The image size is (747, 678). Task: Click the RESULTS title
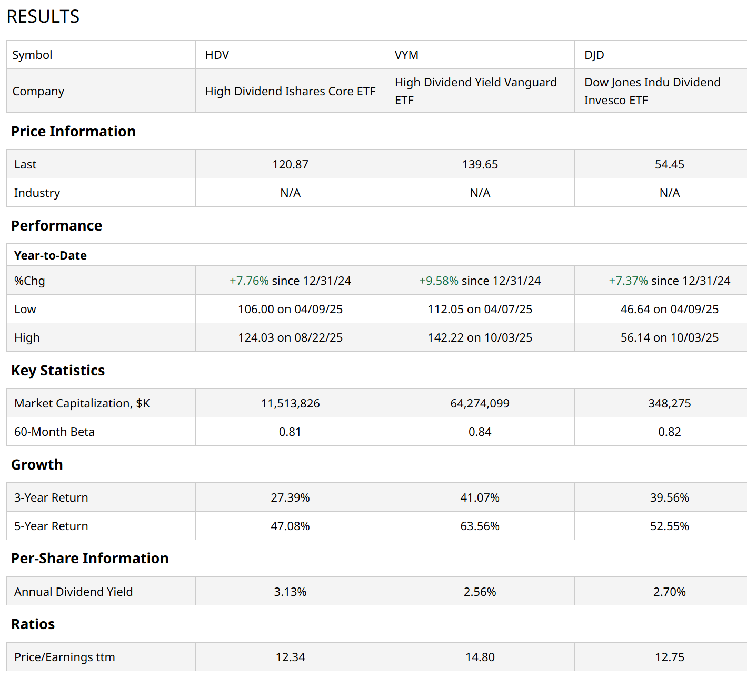point(43,17)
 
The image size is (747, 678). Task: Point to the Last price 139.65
point(480,164)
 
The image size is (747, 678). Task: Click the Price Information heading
point(73,131)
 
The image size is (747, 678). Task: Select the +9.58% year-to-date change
point(439,281)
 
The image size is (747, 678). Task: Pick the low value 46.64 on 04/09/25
point(669,309)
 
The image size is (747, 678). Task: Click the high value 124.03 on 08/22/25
point(290,337)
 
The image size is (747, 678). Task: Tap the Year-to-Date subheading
point(51,255)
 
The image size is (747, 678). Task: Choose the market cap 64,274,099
point(480,403)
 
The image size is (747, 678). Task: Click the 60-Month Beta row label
point(54,432)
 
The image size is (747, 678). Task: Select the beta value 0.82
point(669,432)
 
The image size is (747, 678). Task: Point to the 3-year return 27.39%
point(290,497)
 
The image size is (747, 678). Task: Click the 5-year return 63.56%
point(480,526)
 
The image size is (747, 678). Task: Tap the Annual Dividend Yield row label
point(73,592)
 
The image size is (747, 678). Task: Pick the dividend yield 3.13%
point(290,592)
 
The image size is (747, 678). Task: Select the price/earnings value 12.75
point(669,657)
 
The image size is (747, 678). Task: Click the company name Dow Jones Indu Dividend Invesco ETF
point(652,91)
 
